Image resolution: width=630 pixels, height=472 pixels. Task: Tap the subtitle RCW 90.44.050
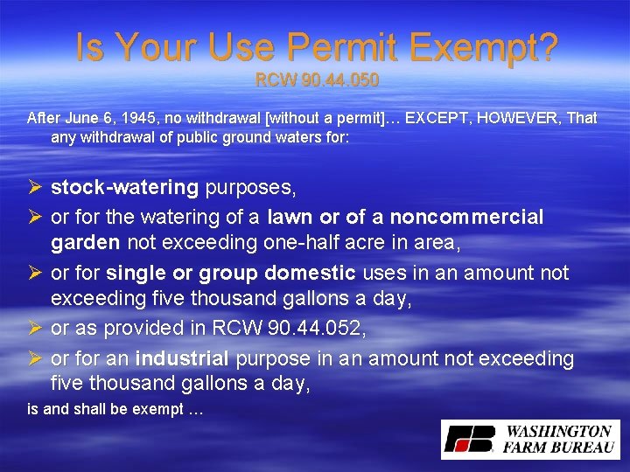point(317,80)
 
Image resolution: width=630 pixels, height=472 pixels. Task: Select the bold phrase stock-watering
point(125,187)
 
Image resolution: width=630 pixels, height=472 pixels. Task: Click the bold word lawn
point(290,216)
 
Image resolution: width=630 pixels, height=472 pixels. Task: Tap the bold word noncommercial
point(466,216)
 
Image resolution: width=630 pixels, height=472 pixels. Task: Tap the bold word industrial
point(182,358)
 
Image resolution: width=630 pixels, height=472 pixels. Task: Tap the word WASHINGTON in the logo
point(557,431)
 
